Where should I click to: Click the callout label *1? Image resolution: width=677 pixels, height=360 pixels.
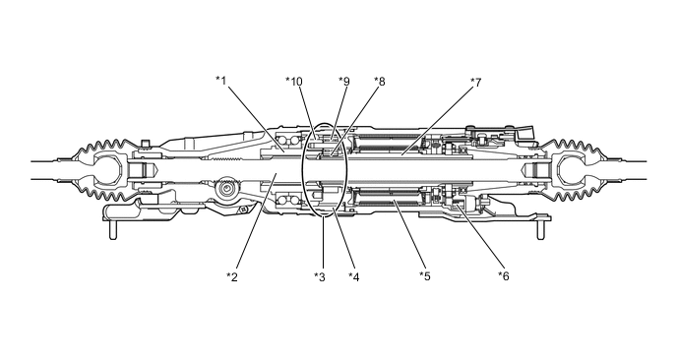(x=221, y=81)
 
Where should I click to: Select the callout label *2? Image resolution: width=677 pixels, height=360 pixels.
(x=232, y=276)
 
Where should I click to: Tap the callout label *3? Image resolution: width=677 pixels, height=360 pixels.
(x=320, y=276)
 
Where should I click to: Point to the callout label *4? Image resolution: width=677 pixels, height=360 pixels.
(x=354, y=276)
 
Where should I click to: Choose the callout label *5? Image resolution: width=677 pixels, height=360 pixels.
(x=425, y=275)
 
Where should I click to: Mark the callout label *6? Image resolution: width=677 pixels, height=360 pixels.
(x=504, y=275)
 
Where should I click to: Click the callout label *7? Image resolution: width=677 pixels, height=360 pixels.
(x=476, y=82)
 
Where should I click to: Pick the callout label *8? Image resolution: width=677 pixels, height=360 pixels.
(x=380, y=82)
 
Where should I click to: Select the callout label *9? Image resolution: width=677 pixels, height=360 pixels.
(x=344, y=82)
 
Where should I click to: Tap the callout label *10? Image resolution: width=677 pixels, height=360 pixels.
(x=294, y=82)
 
